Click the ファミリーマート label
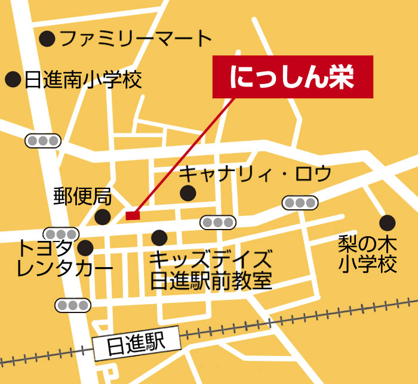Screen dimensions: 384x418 click(x=136, y=39)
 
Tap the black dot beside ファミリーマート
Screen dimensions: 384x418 click(x=47, y=39)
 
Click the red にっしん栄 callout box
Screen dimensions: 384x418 click(x=293, y=77)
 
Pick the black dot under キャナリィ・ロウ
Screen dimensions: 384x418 click(x=188, y=193)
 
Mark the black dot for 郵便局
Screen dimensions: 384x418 click(x=103, y=216)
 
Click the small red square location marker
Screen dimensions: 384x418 click(x=133, y=215)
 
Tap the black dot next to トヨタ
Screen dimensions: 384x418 click(x=86, y=247)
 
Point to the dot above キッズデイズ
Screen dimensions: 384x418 click(x=159, y=238)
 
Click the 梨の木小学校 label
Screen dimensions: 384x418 click(x=368, y=253)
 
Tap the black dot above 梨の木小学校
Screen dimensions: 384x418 click(x=387, y=223)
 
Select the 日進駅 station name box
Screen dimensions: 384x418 click(x=137, y=343)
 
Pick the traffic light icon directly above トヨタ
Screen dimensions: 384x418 click(x=61, y=233)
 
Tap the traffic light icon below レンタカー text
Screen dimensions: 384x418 click(x=73, y=305)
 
